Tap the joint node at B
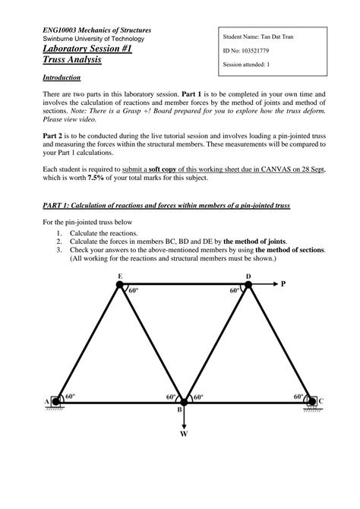pos(183,402)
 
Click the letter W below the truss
pos(183,435)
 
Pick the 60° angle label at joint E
pos(134,291)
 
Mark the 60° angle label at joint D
pos(234,291)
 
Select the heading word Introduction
pos(63,77)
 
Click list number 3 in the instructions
pos(59,249)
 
